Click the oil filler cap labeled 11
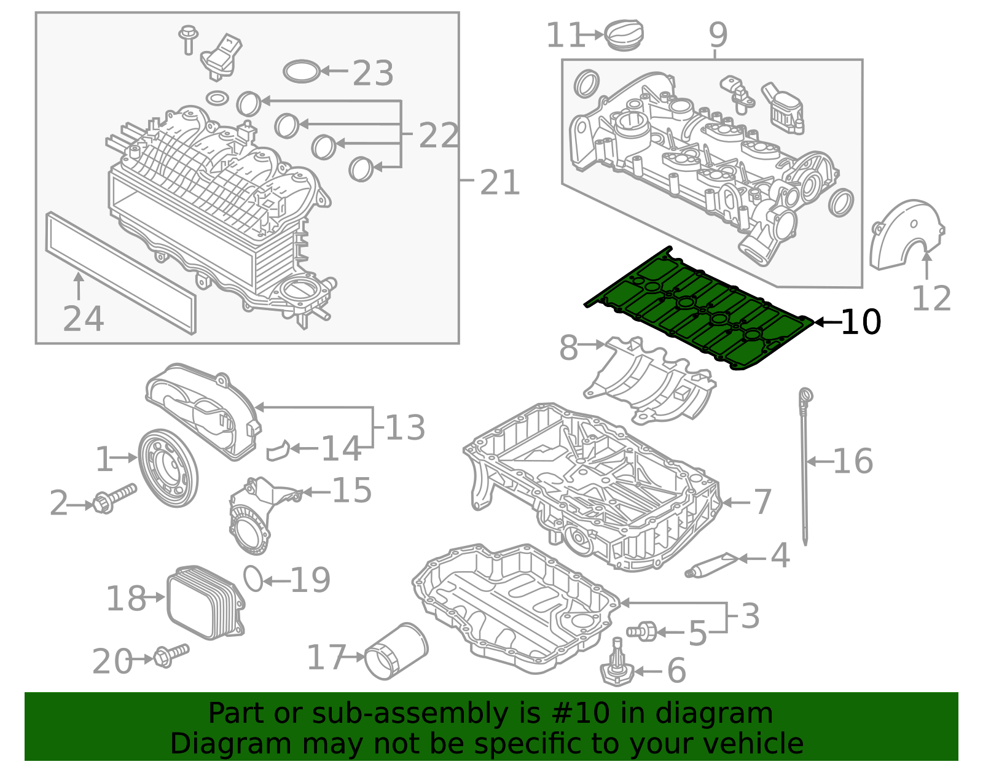(625, 35)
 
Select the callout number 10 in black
(860, 322)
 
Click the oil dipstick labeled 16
(804, 467)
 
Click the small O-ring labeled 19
(253, 578)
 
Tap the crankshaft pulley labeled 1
(168, 469)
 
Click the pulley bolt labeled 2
(114, 498)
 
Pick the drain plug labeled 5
(643, 631)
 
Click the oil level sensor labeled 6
(617, 668)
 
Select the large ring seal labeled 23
(302, 71)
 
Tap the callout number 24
(84, 319)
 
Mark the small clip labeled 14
(278, 450)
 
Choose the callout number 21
(499, 183)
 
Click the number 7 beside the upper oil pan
(762, 502)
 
